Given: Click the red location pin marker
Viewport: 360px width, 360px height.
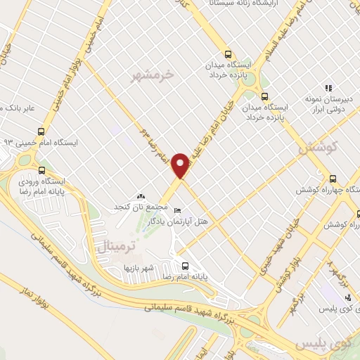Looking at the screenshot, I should point(182,165).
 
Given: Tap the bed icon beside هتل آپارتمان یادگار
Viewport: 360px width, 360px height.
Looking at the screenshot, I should point(176,210).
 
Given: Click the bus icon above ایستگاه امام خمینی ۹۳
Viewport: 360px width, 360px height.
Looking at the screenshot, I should point(41,131).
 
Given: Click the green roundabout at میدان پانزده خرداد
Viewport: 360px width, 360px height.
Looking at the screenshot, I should point(247,78).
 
